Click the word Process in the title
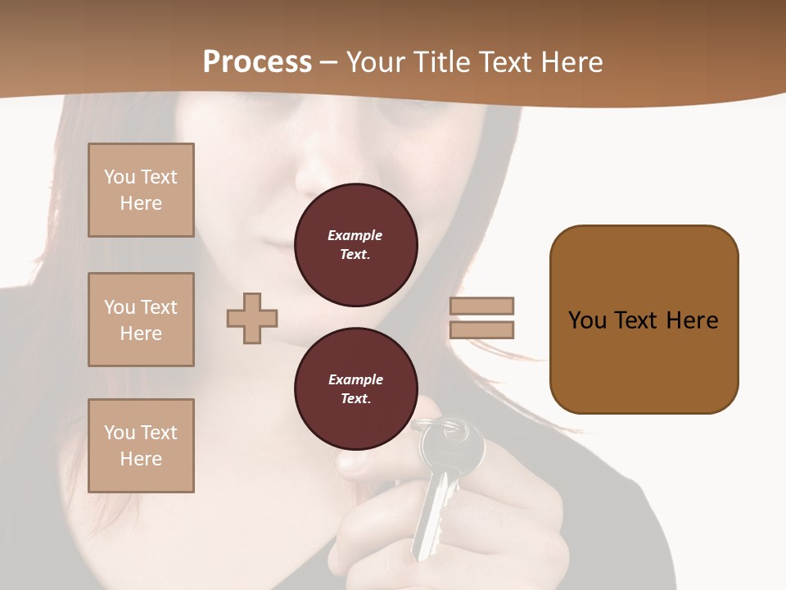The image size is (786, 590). pyautogui.click(x=257, y=61)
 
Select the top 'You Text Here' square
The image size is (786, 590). pyautogui.click(x=141, y=190)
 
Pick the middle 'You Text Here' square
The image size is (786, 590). pyautogui.click(x=141, y=320)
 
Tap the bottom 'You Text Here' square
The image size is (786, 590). pyautogui.click(x=141, y=446)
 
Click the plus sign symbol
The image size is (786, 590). pyautogui.click(x=252, y=318)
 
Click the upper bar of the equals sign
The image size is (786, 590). pyautogui.click(x=481, y=306)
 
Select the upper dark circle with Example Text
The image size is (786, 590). pyautogui.click(x=355, y=245)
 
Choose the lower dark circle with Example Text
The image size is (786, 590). pyautogui.click(x=355, y=389)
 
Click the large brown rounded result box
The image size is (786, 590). pyautogui.click(x=644, y=320)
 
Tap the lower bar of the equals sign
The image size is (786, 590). pyautogui.click(x=481, y=330)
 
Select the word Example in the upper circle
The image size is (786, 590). pyautogui.click(x=355, y=235)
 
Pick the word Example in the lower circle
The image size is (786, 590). pyautogui.click(x=355, y=379)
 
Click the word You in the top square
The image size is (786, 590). pyautogui.click(x=119, y=177)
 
